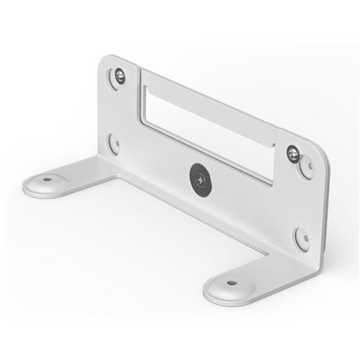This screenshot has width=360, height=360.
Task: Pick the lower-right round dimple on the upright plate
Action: click(300, 238)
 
